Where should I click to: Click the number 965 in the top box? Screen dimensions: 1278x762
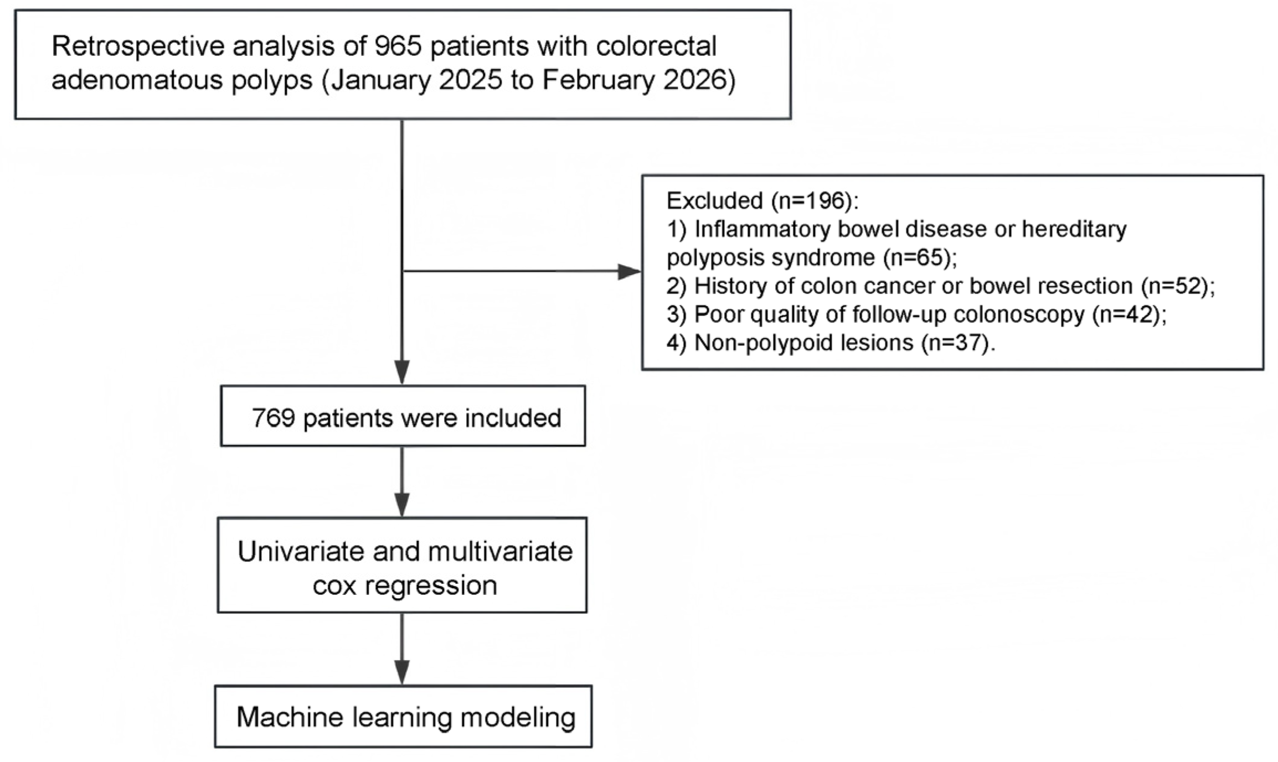(398, 47)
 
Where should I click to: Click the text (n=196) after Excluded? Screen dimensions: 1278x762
(811, 201)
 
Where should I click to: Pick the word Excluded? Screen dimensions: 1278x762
(714, 201)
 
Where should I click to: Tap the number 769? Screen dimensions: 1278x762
(273, 418)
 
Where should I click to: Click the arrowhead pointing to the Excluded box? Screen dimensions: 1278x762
(629, 272)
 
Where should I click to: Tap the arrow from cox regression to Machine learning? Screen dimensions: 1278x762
(402, 649)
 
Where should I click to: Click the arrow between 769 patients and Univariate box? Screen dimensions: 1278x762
(402, 481)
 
